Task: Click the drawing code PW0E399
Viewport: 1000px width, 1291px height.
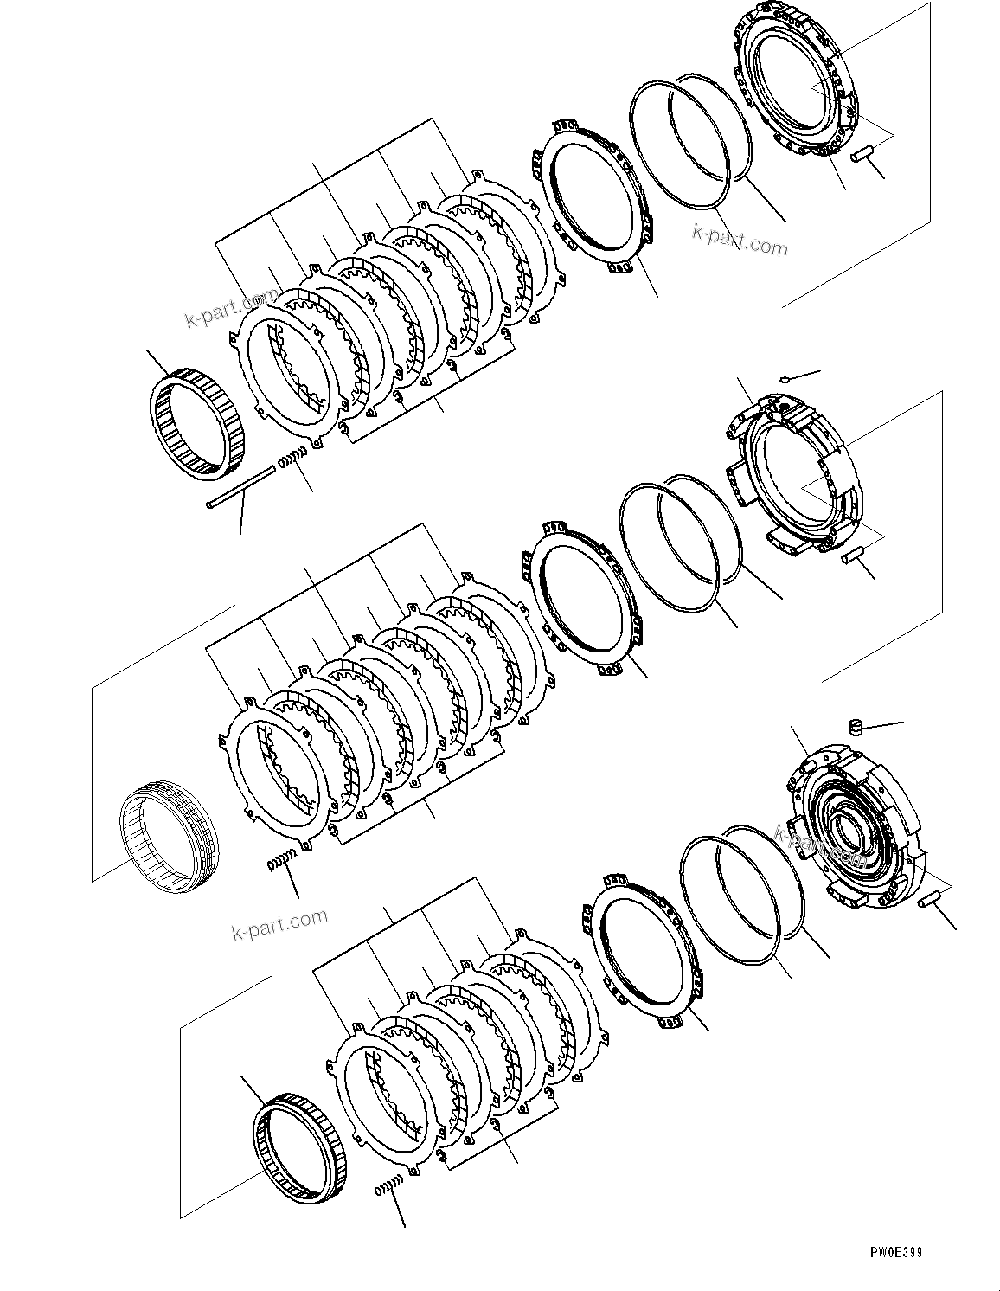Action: coord(896,1251)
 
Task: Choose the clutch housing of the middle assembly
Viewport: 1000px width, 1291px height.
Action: coord(792,472)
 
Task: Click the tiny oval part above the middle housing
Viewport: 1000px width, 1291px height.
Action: coord(783,378)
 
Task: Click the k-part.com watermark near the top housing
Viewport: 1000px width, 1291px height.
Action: coord(740,242)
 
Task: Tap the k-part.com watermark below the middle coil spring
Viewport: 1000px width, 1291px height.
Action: coord(280,925)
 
